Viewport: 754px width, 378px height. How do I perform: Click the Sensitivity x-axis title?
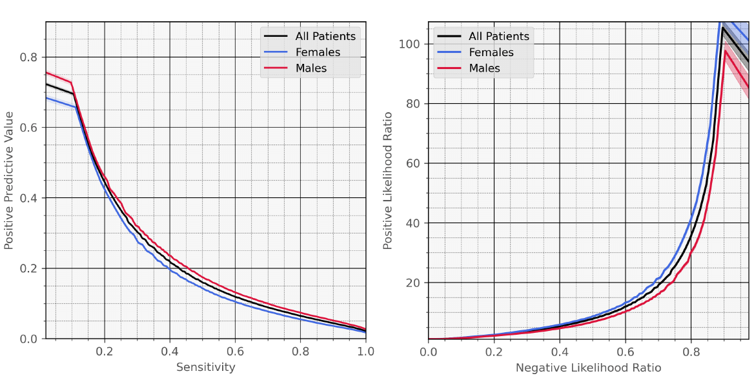coord(205,368)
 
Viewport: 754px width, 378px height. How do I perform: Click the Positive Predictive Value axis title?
coord(9,180)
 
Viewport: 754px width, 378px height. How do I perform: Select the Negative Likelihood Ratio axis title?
coord(588,368)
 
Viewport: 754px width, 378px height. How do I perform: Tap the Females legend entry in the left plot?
coord(317,52)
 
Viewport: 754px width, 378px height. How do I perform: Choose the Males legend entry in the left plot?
coord(311,68)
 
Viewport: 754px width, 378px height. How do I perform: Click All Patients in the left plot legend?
coord(325,37)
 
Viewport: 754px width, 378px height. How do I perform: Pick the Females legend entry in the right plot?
coord(491,52)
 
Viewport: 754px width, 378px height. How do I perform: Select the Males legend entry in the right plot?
coord(484,68)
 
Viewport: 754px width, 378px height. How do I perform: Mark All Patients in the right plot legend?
coord(498,37)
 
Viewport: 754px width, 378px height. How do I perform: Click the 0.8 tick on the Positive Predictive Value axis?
coord(28,57)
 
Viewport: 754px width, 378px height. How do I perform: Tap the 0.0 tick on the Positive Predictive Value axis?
coord(28,339)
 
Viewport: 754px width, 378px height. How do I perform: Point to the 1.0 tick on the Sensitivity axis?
coord(366,352)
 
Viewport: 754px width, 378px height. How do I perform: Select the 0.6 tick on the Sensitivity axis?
coord(236,352)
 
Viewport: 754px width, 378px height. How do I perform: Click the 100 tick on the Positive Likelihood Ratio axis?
coord(411,44)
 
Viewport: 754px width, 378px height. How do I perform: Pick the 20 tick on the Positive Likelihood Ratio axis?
coord(414,283)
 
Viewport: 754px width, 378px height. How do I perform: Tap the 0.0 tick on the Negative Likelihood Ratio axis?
coord(428,352)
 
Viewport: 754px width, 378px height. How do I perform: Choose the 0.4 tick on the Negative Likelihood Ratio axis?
coord(560,352)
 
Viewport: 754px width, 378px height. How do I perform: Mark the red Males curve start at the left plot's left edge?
coord(46,72)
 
